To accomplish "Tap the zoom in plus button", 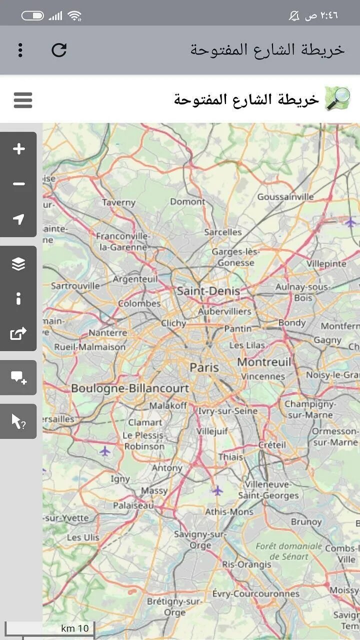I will coord(18,149).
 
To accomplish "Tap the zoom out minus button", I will coord(18,184).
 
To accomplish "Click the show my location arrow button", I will coord(18,219).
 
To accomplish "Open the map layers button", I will coord(18,263).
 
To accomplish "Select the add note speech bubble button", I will coord(18,377).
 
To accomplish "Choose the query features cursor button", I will coord(18,421).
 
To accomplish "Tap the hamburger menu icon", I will coord(23,100).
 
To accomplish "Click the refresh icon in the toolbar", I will coord(59,50).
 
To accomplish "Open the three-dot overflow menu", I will coord(20,50).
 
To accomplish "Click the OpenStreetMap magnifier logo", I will coord(337,98).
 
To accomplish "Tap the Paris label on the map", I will coord(204,367).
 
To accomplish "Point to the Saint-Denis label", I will coord(208,291).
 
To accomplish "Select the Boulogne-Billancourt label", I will coord(130,388).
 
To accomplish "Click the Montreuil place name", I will coord(263,362).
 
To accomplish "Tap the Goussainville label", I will coord(285,197).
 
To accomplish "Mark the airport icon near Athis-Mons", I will coord(217,490).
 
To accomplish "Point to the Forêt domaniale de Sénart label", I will coord(289,551).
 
